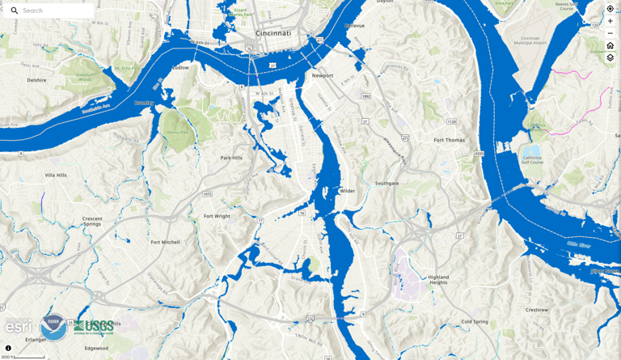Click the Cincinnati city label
point(273,33)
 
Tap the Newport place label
point(323,76)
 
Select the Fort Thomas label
point(449,140)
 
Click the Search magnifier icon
point(15,11)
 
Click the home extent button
point(610,45)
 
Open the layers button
point(610,57)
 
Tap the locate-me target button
point(610,9)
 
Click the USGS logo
point(95,327)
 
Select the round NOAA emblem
point(53,327)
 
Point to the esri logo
point(19,327)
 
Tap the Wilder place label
point(347,191)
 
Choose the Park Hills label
point(231,158)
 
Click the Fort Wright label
point(217,216)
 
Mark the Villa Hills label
point(56,175)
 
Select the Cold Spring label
point(475,321)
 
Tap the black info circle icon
point(8,349)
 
